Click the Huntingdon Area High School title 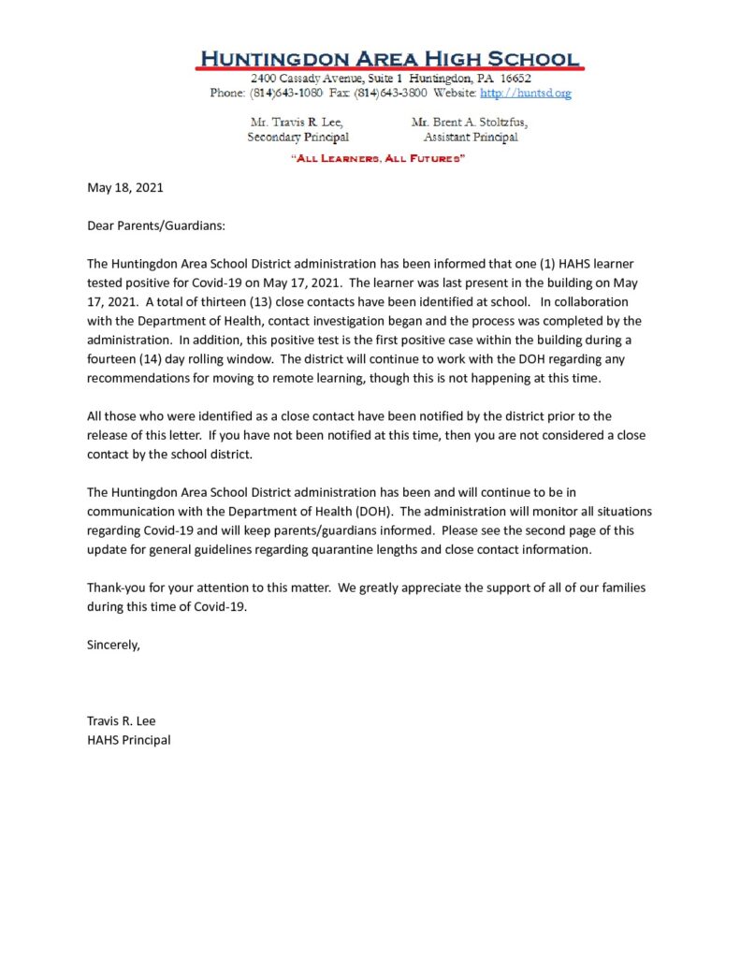390,58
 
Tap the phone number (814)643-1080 280,94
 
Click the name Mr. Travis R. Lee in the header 297,123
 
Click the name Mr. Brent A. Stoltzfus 470,123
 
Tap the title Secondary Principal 297,138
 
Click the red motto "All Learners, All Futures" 379,159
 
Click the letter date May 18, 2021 125,187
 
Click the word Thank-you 118,588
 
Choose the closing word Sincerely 113,645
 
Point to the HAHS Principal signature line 129,740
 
